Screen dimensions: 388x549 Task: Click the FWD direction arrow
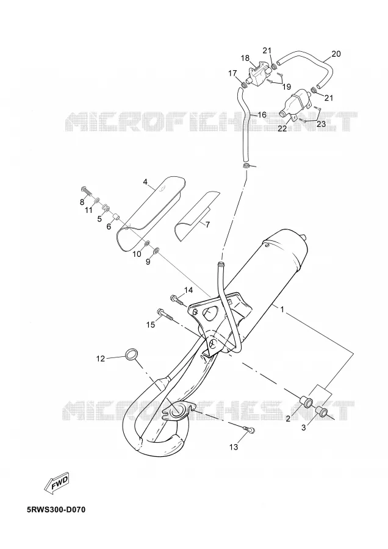click(x=57, y=484)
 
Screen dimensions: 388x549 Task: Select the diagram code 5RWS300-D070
click(x=56, y=509)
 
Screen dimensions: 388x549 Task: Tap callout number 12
click(x=101, y=359)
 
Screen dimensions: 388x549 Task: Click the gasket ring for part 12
click(x=131, y=354)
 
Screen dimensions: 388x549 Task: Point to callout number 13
click(x=234, y=447)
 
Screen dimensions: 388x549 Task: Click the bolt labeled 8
click(x=86, y=191)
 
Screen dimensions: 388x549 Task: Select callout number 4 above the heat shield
click(x=145, y=182)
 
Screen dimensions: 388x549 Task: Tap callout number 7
click(x=207, y=224)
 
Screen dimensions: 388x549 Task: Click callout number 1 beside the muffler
click(x=282, y=309)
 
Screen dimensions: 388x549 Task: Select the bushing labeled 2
click(x=306, y=402)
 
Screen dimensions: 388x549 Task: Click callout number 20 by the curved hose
click(x=336, y=54)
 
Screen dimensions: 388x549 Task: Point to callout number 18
click(x=245, y=58)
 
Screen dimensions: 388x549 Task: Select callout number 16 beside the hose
click(x=262, y=115)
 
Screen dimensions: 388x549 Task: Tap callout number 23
click(x=321, y=124)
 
